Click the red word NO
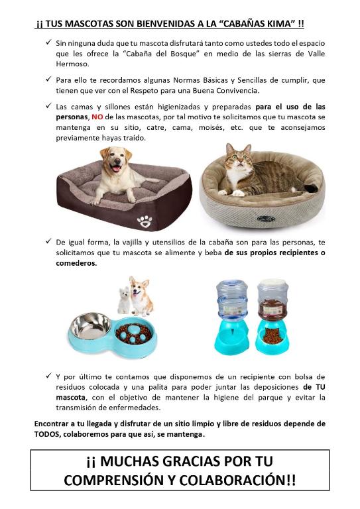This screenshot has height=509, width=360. coord(97,117)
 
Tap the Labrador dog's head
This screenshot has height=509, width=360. coord(116,160)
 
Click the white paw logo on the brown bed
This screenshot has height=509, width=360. coord(145,221)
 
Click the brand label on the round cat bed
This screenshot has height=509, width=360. coord(266,219)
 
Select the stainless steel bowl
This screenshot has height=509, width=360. coord(91,325)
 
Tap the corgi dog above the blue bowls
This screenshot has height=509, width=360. coord(141,296)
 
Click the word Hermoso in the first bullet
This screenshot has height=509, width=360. coord(72,64)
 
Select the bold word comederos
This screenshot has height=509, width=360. coord(76,263)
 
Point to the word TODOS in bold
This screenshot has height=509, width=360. coord(47,434)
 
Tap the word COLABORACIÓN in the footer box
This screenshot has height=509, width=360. coord(237,481)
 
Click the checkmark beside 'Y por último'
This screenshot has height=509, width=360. coord(48,376)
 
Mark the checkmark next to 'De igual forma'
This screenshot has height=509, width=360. coord(48,241)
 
